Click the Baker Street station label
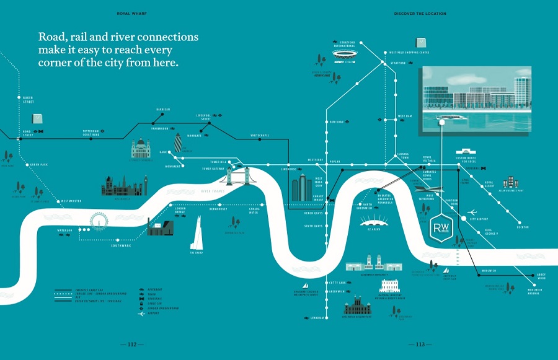pyautogui.click(x=27, y=100)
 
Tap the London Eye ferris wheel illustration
pyautogui.click(x=98, y=222)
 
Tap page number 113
pyautogui.click(x=420, y=345)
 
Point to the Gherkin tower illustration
pyautogui.click(x=179, y=142)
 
